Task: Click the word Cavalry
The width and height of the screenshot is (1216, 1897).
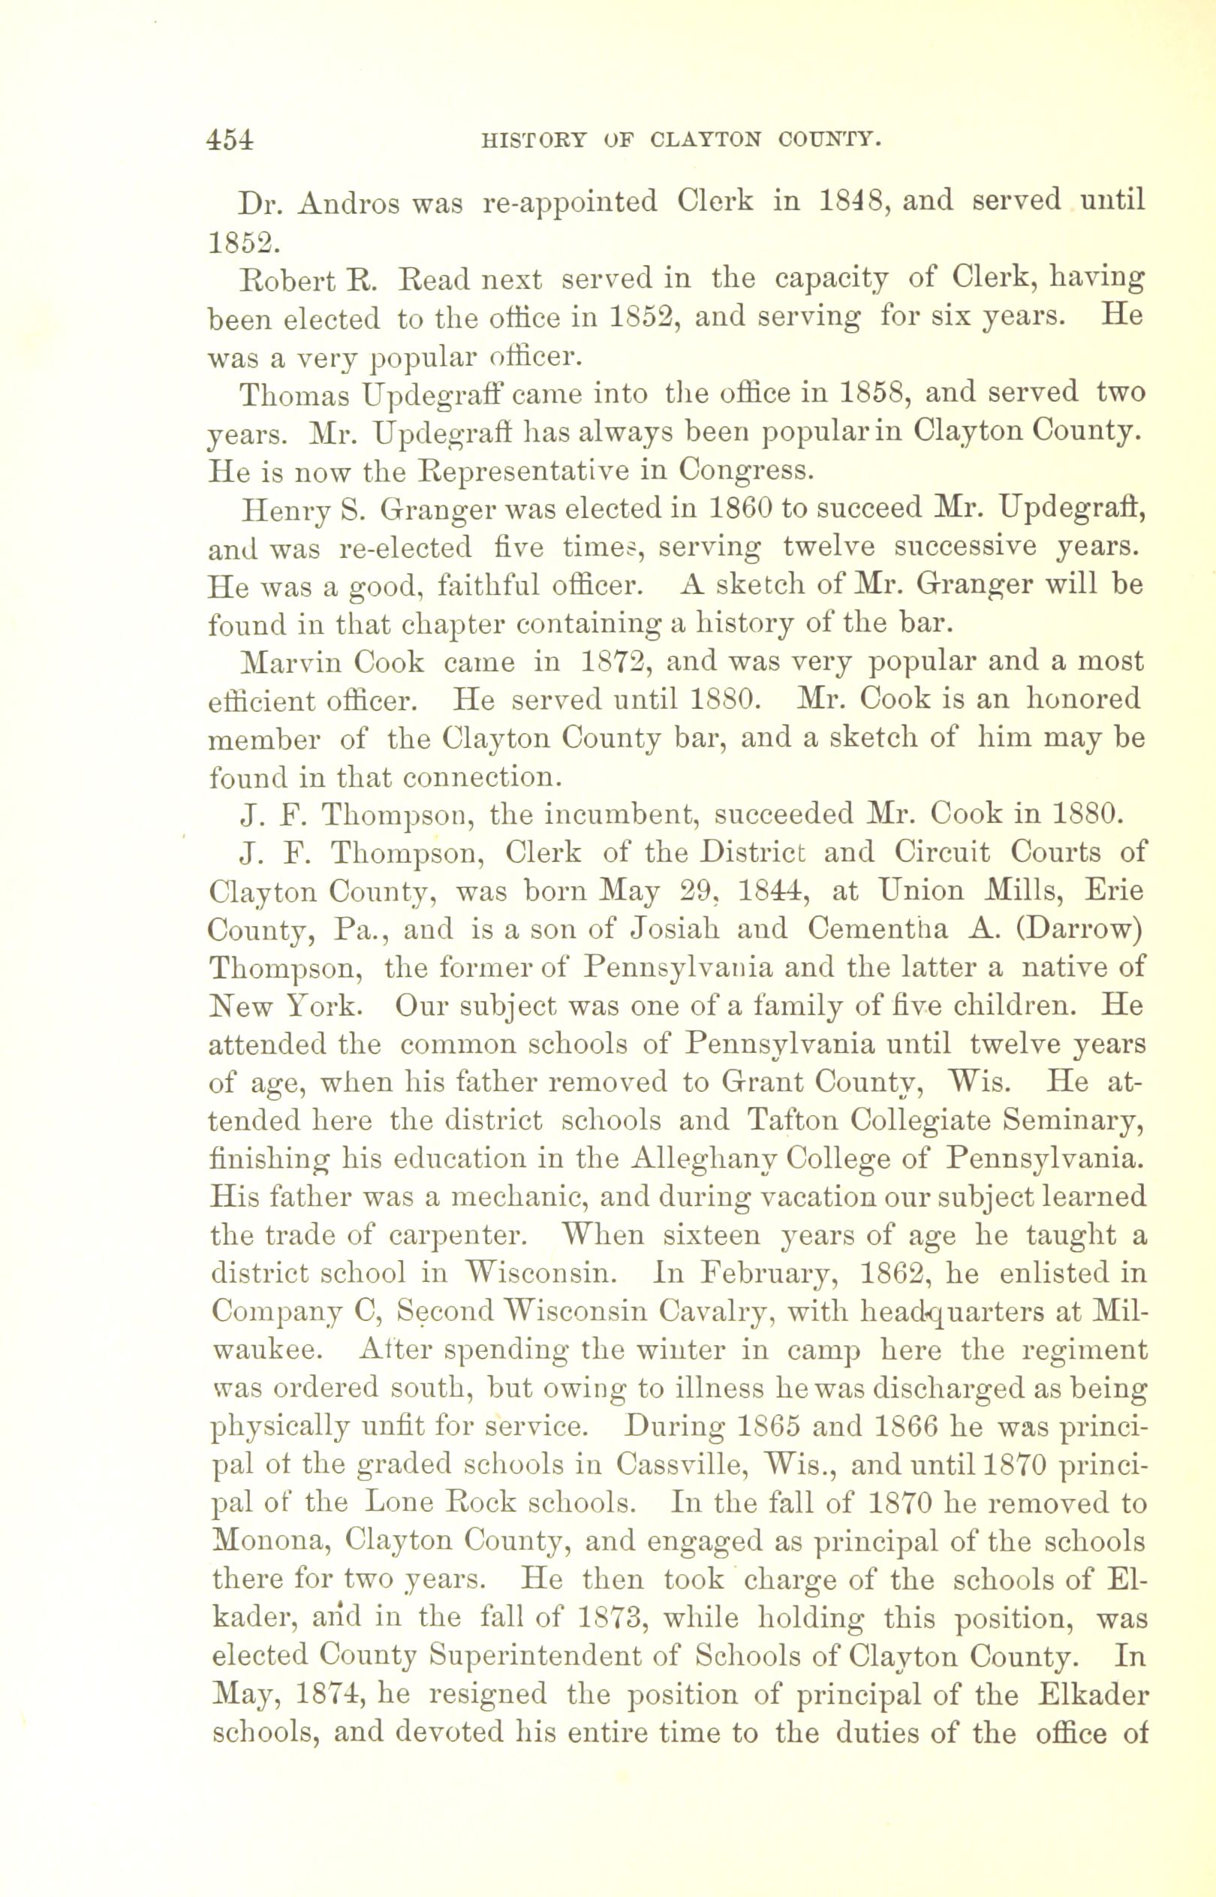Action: click(x=710, y=1312)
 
